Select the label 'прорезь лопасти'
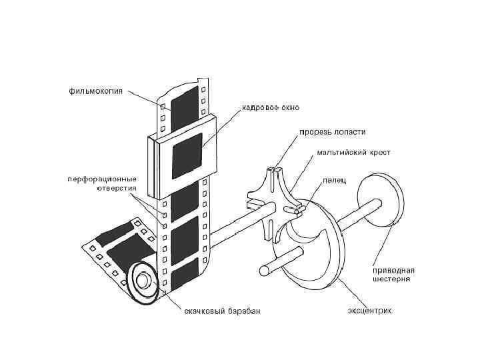pyautogui.click(x=332, y=132)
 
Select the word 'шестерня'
pyautogui.click(x=391, y=279)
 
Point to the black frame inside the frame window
pyautogui.click(x=187, y=155)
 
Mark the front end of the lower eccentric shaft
pyautogui.click(x=264, y=271)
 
